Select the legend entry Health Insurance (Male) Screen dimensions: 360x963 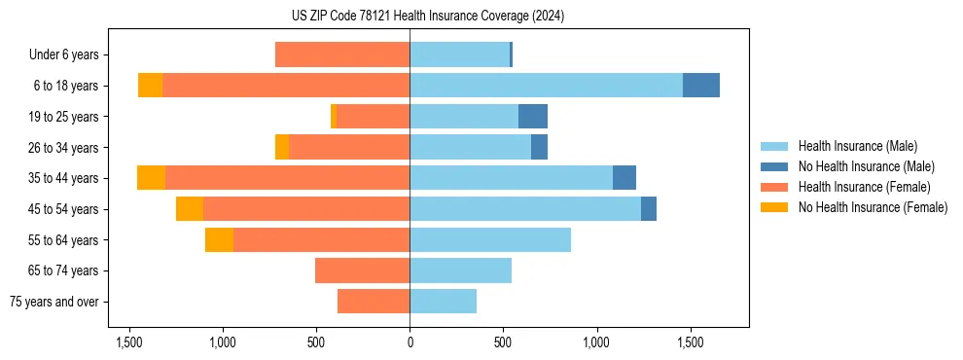pyautogui.click(x=857, y=146)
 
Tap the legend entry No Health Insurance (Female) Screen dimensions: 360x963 pyautogui.click(x=873, y=207)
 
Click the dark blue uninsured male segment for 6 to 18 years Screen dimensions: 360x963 pyautogui.click(x=701, y=86)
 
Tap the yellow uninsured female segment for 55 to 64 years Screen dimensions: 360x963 pyautogui.click(x=219, y=239)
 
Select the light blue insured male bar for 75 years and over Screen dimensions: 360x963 pyautogui.click(x=443, y=302)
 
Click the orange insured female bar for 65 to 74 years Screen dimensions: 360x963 pyautogui.click(x=362, y=270)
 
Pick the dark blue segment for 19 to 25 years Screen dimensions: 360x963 pyautogui.click(x=533, y=117)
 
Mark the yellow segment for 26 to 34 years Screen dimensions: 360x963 pyautogui.click(x=282, y=147)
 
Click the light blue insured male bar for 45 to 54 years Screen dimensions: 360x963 pyautogui.click(x=525, y=209)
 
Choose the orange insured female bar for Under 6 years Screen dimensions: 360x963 pyautogui.click(x=342, y=54)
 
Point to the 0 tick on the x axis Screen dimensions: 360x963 pyautogui.click(x=410, y=343)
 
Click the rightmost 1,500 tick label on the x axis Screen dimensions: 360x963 pyautogui.click(x=690, y=343)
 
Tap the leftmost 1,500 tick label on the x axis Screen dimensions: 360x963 pyautogui.click(x=129, y=343)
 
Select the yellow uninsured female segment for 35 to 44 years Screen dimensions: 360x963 pyautogui.click(x=151, y=178)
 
